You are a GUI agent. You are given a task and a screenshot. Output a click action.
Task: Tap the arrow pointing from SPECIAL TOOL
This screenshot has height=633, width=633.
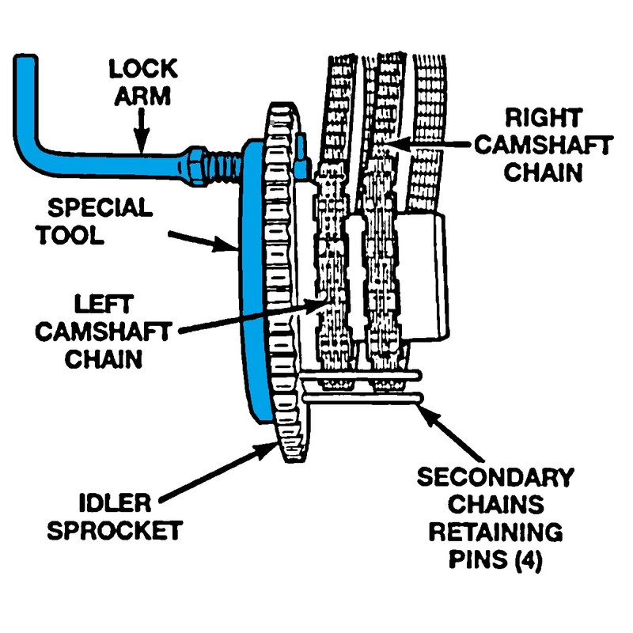[202, 239]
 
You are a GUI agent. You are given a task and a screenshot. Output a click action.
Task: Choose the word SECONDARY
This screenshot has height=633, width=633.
[495, 478]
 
